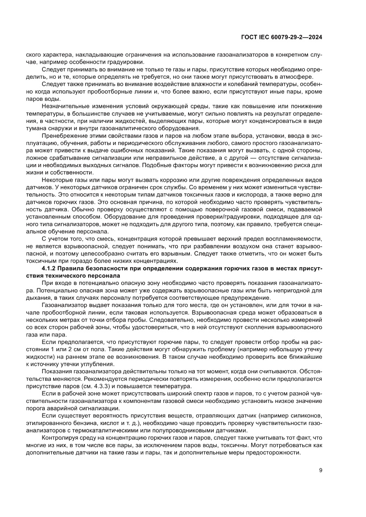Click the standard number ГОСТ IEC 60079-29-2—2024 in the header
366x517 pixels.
coord(281,38)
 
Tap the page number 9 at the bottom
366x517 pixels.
coord(320,470)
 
